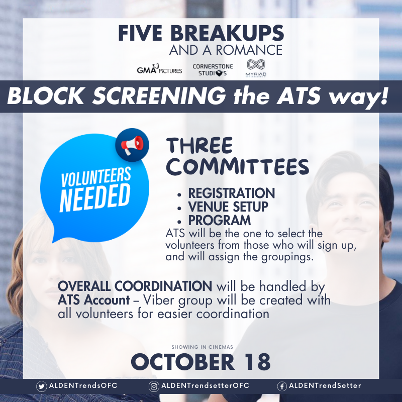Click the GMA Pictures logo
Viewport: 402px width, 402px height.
coord(159,70)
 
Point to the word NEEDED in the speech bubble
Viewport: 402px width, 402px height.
coord(95,196)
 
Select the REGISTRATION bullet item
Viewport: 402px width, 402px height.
coord(231,193)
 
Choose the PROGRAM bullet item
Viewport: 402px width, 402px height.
coord(219,220)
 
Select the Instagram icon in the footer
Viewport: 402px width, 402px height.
coord(154,386)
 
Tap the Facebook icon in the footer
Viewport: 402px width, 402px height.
coord(282,386)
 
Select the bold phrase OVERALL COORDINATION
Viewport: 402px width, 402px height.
coord(135,286)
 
